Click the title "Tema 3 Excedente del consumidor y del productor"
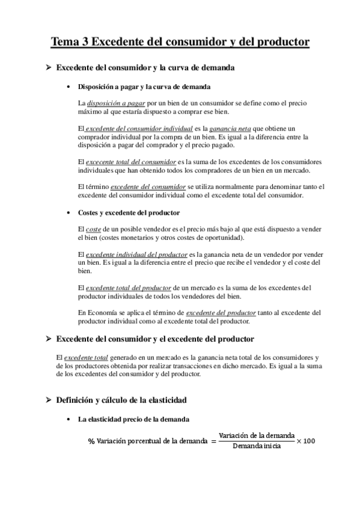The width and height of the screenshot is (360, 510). (180, 42)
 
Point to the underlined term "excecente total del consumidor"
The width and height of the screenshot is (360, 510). (132, 162)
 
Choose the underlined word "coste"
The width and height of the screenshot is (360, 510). (94, 229)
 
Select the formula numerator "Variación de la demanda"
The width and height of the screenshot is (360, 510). (257, 435)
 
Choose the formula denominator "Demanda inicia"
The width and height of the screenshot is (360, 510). (257, 447)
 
